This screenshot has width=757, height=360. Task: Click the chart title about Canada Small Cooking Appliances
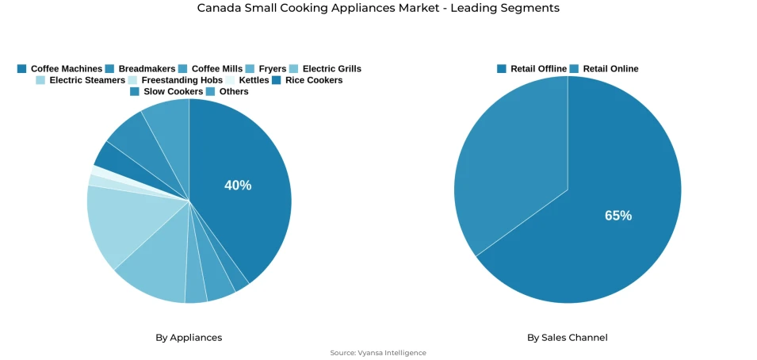point(378,8)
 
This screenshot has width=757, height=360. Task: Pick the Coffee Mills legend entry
point(210,69)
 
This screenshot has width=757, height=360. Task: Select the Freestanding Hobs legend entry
point(175,80)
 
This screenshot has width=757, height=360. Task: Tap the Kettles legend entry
point(247,80)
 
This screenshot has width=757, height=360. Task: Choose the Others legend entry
point(227,91)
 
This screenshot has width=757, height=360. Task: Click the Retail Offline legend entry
point(532,69)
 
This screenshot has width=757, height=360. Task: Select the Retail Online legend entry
point(604,69)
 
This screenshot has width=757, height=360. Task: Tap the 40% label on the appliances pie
point(238,186)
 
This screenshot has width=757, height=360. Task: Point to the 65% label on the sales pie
point(618,216)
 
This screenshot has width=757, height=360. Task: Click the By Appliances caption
point(189,338)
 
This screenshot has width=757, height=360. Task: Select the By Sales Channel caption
point(568,338)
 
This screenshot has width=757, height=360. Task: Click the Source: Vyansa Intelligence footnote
point(378,353)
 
